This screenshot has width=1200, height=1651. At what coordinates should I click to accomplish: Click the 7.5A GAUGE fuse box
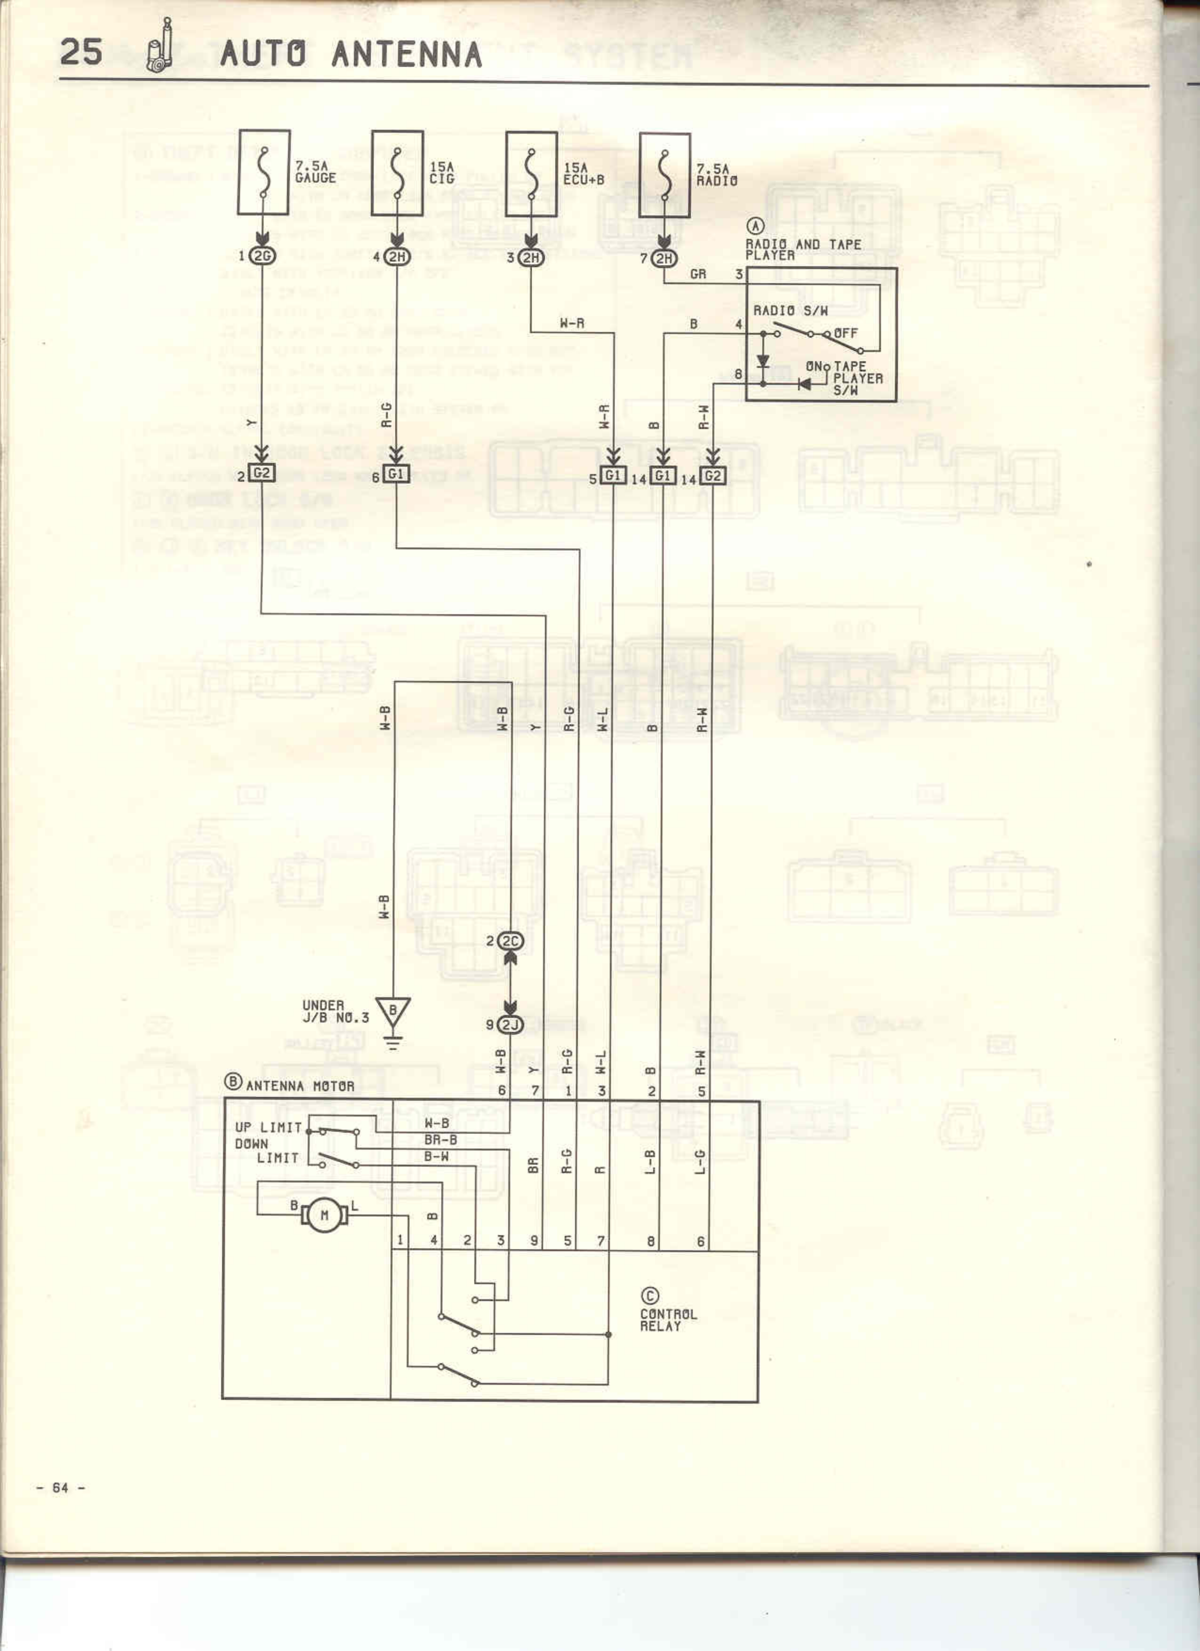(x=264, y=173)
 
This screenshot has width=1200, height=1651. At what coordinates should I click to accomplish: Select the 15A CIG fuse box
(x=397, y=173)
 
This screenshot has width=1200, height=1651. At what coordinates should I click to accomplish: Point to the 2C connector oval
(x=511, y=941)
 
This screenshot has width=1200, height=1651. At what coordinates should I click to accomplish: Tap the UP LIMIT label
(x=268, y=1127)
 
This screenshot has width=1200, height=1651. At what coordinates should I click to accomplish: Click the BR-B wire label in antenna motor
(x=440, y=1140)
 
